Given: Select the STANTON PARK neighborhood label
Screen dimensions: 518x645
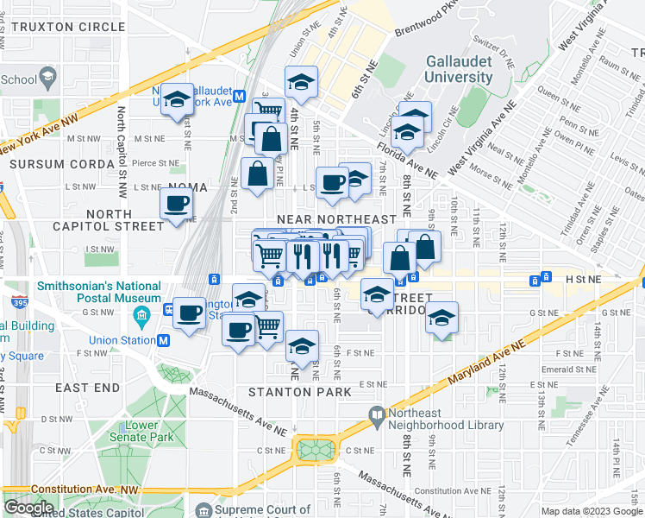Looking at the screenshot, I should [x=299, y=392].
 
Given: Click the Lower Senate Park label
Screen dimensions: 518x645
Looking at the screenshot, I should [x=141, y=431].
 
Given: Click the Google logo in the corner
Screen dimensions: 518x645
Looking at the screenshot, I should [x=28, y=508].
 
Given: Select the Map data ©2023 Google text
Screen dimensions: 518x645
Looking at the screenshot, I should [x=591, y=510].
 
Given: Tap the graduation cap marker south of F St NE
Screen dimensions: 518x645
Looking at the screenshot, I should [x=302, y=346].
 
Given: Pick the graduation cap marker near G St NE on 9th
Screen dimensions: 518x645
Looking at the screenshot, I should [x=441, y=319].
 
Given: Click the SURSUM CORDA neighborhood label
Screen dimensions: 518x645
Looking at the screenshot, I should [x=63, y=162].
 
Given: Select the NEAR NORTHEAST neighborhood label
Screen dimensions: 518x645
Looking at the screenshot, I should [x=336, y=220].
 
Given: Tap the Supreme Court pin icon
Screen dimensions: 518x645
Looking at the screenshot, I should [x=204, y=510].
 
